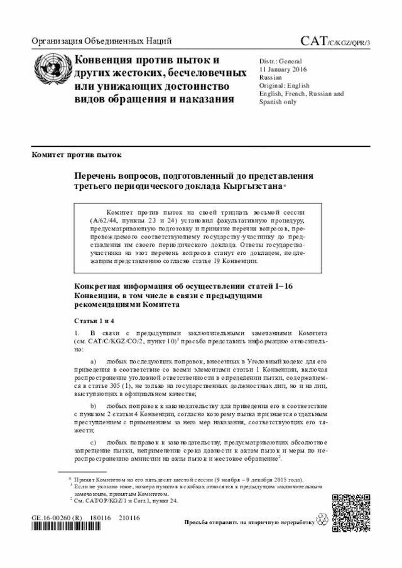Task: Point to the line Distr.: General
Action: tap(280, 61)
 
